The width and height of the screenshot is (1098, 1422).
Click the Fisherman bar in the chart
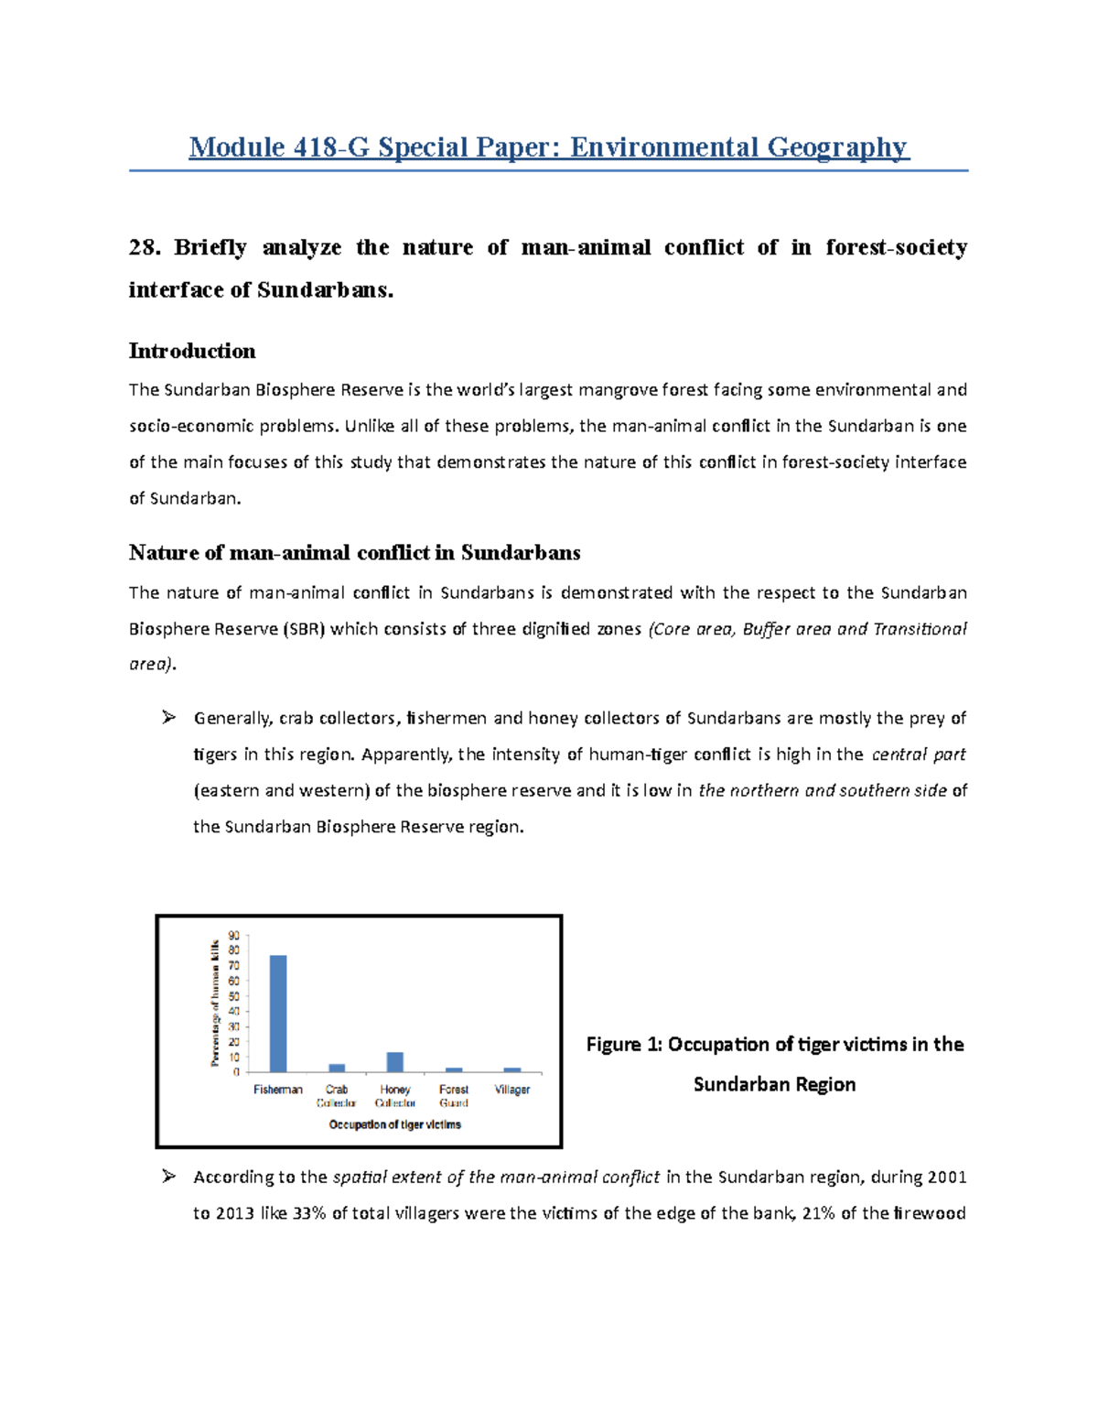tap(278, 1014)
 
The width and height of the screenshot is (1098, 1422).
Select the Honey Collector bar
tap(395, 1062)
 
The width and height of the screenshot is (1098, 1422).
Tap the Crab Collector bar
tap(337, 1068)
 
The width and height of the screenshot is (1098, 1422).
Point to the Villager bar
tap(512, 1069)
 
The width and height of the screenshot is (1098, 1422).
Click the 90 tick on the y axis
tap(234, 936)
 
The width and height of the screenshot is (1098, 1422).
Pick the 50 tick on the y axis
tap(234, 996)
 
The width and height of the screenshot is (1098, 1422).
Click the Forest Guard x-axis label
tap(454, 1095)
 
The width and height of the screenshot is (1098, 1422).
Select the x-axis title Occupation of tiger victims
tap(395, 1124)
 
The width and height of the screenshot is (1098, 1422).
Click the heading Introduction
tap(192, 352)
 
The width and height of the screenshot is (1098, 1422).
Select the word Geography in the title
tap(836, 147)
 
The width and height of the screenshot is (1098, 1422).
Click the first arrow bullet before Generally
tap(168, 718)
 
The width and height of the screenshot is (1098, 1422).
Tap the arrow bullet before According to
tap(168, 1177)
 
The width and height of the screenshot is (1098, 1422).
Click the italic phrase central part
tap(919, 755)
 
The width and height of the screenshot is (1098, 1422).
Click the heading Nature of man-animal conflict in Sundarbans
tap(355, 553)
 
